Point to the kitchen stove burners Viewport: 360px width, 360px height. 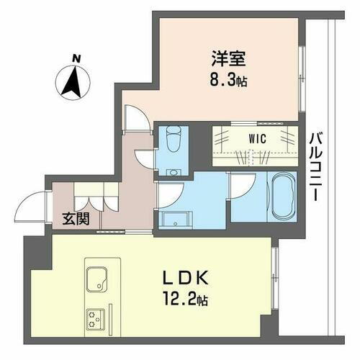click(96, 316)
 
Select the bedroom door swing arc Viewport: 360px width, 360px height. click(134, 117)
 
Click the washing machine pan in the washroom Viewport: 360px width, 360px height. click(174, 219)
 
